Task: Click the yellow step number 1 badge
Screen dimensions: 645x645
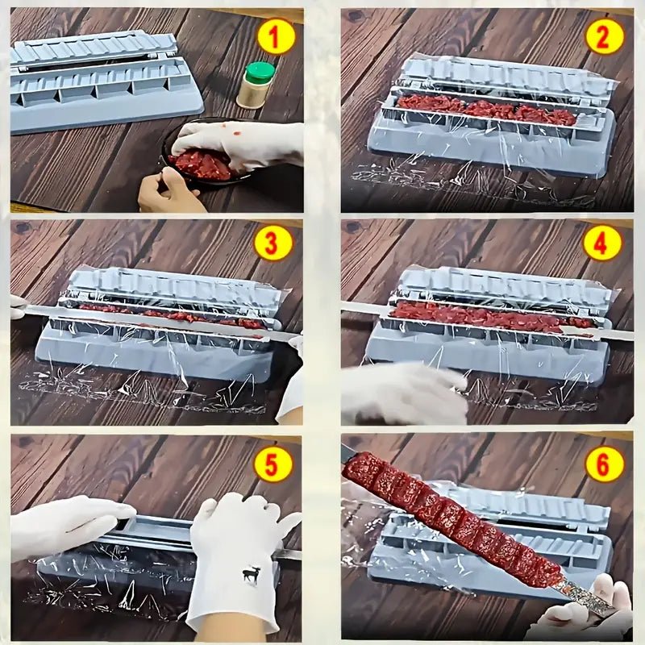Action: coord(276,37)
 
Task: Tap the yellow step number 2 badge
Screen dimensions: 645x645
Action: coord(605,36)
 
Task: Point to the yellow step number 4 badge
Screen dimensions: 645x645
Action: coord(603,243)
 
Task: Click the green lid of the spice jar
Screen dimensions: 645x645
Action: coord(260,72)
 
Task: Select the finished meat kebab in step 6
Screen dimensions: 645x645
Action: coord(451,516)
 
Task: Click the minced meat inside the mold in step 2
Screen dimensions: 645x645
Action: coord(484,109)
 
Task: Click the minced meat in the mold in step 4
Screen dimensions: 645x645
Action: coord(484,316)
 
